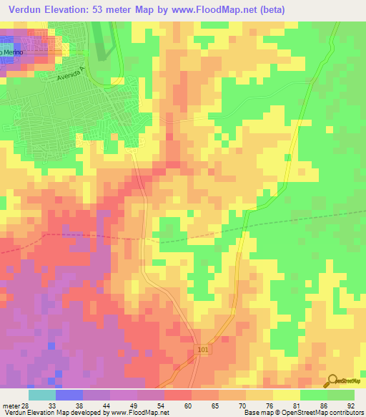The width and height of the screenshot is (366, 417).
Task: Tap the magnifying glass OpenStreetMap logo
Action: [332, 380]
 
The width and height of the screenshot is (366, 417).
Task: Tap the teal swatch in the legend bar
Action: [41, 395]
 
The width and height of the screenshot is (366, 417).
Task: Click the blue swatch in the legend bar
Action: [69, 395]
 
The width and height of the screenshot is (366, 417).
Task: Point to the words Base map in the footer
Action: [256, 413]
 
